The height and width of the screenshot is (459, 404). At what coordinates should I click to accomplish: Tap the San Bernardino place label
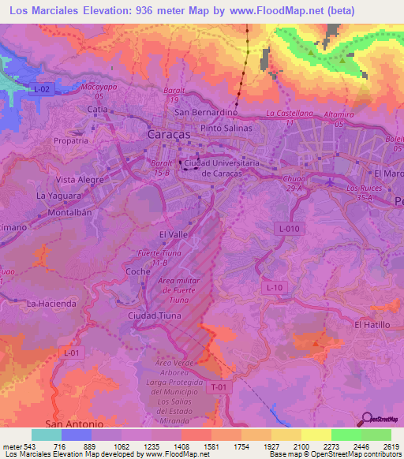click(206, 112)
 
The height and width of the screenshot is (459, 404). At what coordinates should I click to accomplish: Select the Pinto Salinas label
click(226, 128)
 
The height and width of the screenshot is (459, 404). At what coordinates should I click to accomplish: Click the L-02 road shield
click(41, 91)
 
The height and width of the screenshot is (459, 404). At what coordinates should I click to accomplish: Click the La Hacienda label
click(51, 303)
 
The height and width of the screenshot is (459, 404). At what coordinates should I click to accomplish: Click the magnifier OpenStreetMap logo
click(366, 421)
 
